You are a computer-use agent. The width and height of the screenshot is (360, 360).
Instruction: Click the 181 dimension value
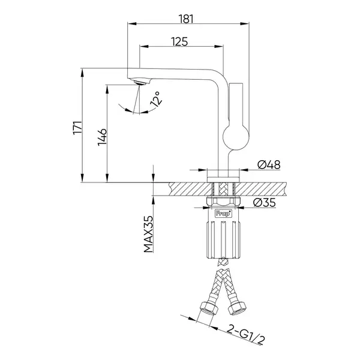[186, 19]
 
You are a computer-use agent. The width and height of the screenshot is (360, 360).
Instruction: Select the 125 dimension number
[179, 42]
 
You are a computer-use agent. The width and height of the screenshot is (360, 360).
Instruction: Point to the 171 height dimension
[77, 128]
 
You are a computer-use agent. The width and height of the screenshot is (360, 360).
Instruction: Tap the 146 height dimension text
[102, 137]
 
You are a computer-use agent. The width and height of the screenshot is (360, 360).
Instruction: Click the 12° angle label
[156, 99]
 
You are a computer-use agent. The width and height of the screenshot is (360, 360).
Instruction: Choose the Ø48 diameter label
[269, 164]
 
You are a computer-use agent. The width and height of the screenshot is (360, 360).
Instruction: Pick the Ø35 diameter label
[264, 203]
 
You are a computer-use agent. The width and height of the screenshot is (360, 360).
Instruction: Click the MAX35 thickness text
[148, 234]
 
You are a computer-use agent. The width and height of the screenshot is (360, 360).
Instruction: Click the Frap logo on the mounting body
[223, 213]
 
